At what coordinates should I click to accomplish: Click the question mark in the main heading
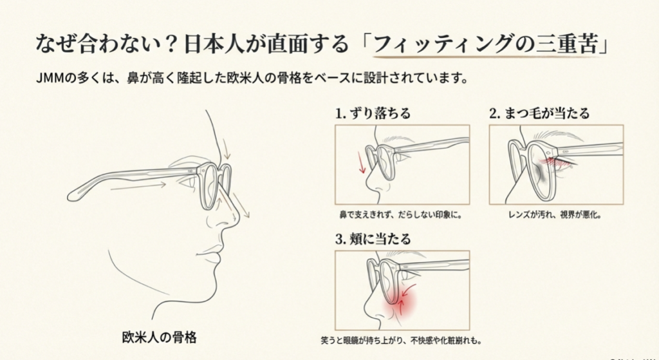pos(170,44)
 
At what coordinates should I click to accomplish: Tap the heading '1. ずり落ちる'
pos(373,113)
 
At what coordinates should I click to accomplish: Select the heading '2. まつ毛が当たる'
pos(539,113)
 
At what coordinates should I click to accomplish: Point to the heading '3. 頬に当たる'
pos(373,239)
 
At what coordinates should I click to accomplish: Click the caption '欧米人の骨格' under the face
pos(160,337)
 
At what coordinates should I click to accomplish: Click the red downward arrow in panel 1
pos(362,162)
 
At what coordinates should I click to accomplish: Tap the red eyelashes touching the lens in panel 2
pos(552,161)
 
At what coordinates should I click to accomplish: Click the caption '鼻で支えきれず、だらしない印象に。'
pos(401,215)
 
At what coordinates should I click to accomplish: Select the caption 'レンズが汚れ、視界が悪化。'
pos(555,215)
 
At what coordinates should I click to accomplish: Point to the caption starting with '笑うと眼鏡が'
pos(402,340)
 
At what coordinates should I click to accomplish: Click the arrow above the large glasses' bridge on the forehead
pos(225,149)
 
